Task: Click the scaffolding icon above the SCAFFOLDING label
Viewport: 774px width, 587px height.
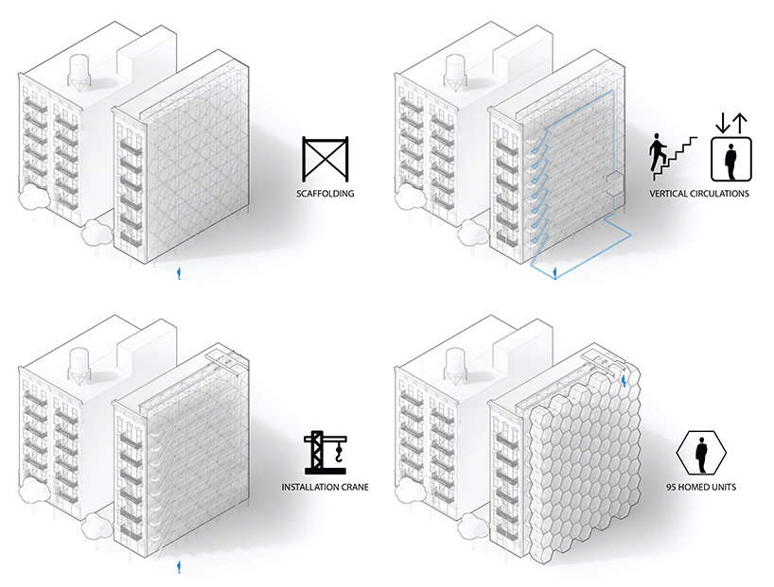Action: click(x=325, y=159)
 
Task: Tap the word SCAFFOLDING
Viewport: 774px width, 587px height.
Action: click(x=325, y=194)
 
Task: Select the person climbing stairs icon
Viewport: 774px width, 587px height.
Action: click(x=673, y=157)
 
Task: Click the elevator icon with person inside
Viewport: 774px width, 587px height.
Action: click(x=731, y=159)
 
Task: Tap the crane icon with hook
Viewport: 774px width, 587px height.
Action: click(x=325, y=453)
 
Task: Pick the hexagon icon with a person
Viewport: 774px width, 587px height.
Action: click(x=701, y=451)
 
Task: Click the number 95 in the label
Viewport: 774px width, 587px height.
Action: click(x=671, y=487)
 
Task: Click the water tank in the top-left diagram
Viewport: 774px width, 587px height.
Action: click(x=79, y=72)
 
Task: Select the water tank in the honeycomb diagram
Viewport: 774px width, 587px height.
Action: click(x=455, y=365)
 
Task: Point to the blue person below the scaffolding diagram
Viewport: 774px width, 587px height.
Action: click(x=179, y=274)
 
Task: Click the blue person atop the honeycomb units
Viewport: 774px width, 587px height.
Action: click(x=624, y=380)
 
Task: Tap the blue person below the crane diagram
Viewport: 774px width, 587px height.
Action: click(x=179, y=567)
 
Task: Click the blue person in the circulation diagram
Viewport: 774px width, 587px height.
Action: click(x=555, y=273)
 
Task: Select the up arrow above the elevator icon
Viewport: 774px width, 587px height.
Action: click(x=740, y=123)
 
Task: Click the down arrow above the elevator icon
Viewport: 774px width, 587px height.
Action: click(x=723, y=123)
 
